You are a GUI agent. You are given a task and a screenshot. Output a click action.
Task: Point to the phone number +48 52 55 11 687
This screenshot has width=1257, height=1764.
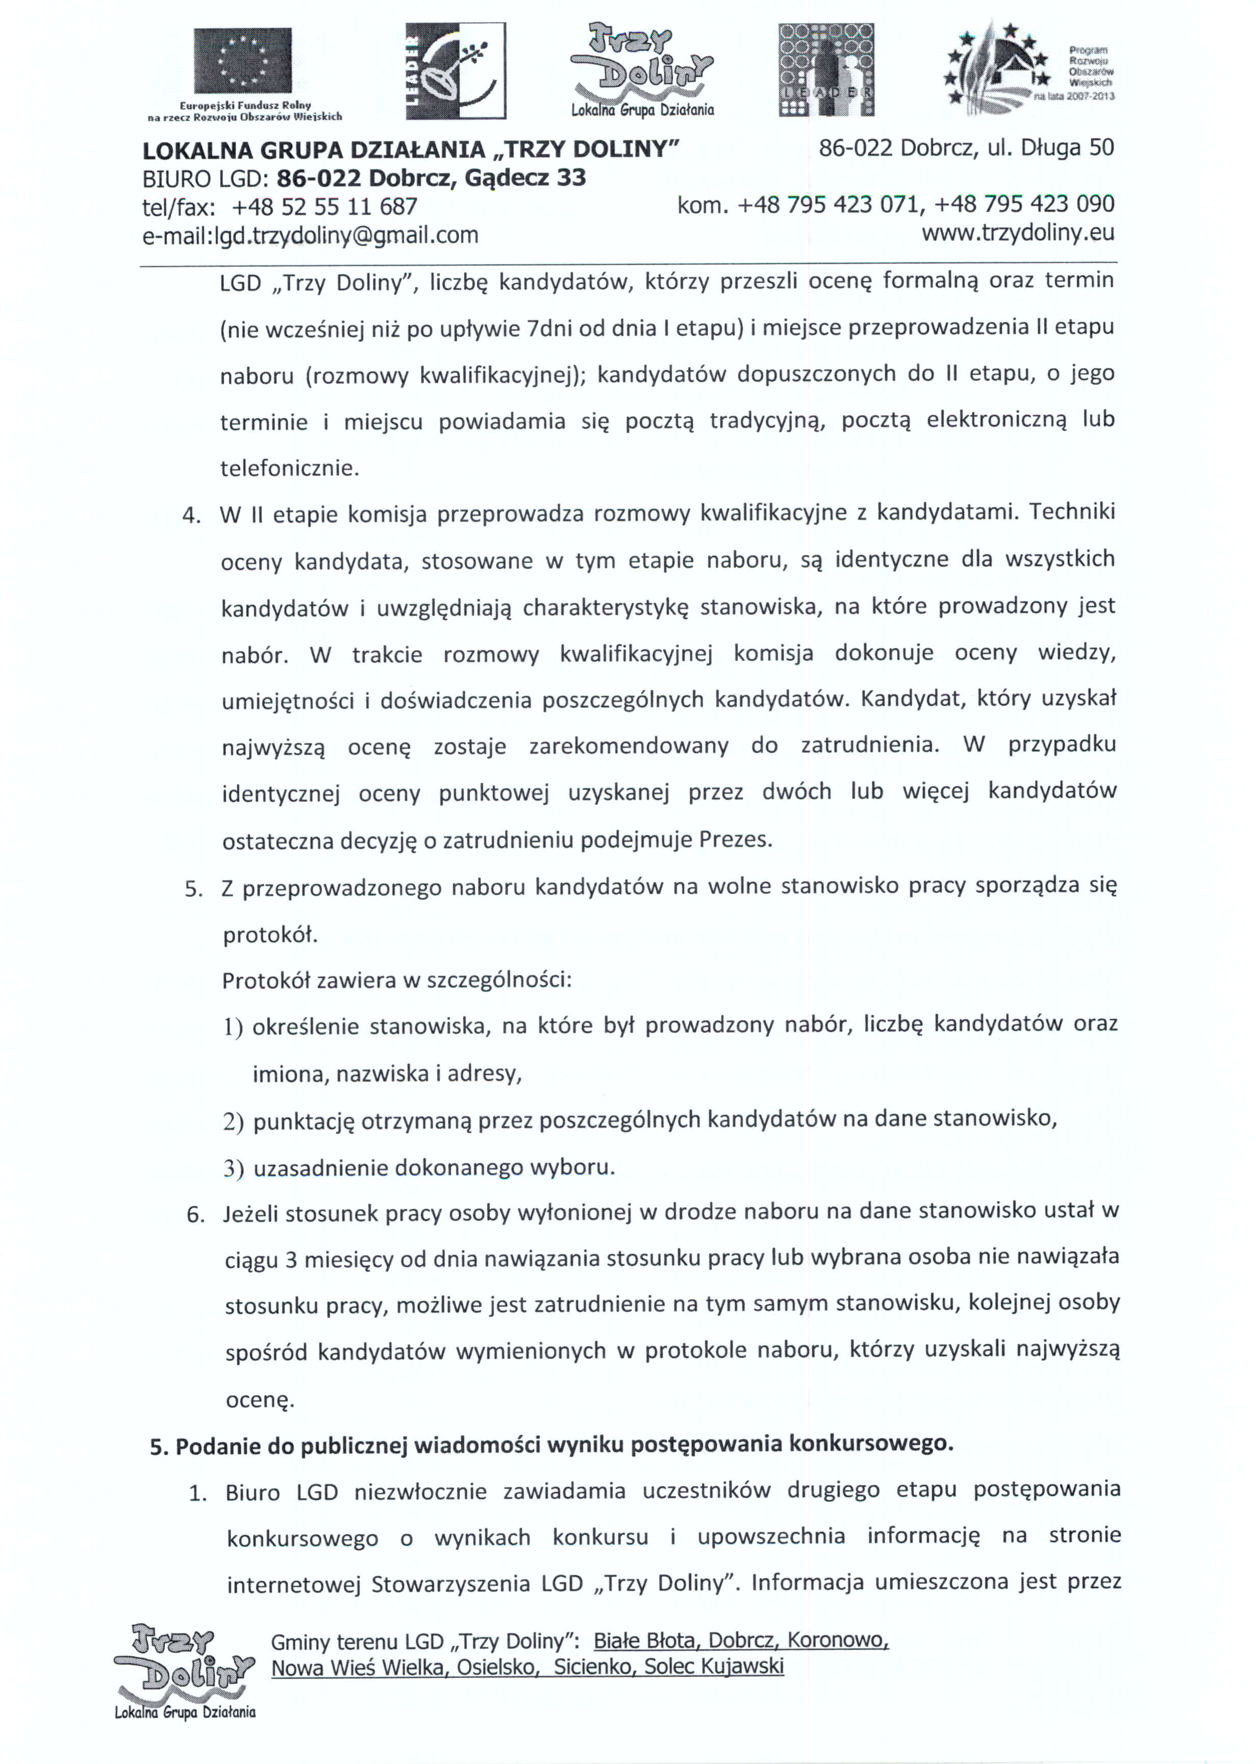tap(324, 207)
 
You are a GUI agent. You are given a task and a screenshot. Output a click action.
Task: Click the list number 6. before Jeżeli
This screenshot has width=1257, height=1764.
tap(196, 1215)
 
